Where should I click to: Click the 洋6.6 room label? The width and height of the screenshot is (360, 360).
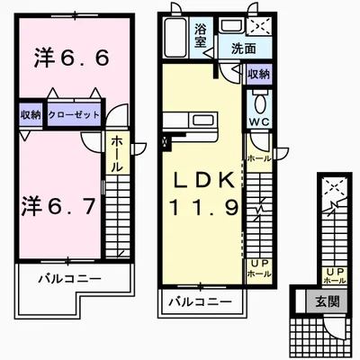coord(72,59)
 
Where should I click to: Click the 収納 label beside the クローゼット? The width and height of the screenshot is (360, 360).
coord(29,115)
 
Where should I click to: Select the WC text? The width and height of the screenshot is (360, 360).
coord(257,121)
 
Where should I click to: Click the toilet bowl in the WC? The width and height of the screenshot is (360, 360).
coord(257,100)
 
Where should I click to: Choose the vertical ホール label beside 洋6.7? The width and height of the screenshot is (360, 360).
coord(118,156)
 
